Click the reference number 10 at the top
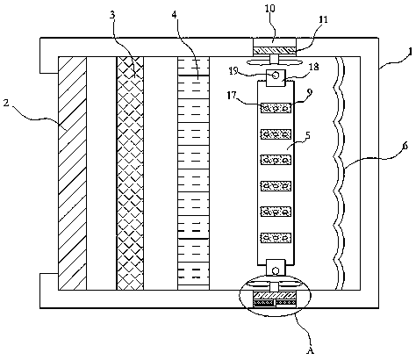270,8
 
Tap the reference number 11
323,20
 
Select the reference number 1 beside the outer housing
410,52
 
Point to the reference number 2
6,103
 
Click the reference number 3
112,15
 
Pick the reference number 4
175,15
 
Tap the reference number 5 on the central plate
307,135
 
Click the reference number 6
405,146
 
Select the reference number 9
310,92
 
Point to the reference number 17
232,95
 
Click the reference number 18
313,67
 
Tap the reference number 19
233,71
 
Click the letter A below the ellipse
310,350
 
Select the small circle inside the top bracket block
276,76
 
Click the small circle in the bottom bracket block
276,270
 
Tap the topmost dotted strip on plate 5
276,108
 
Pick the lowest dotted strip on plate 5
276,237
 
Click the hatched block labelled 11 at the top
275,51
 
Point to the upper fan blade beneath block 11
274,62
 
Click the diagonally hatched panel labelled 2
72,173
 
